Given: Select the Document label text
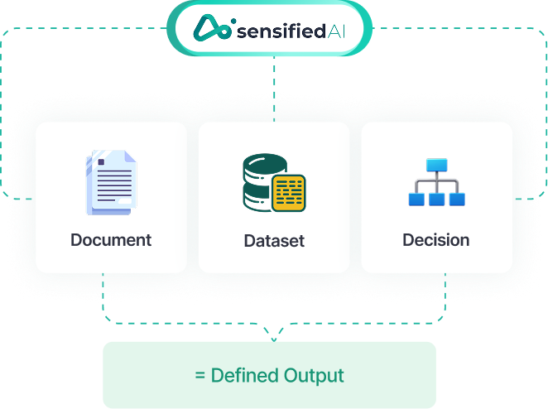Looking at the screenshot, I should pos(111,241).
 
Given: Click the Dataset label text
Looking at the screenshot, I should pos(274,242).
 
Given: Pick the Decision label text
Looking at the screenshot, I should pos(436,241).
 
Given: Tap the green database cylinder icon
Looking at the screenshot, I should pos(258,180).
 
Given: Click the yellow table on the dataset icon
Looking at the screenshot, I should pos(288,192).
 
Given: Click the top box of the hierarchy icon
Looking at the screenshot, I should pos(436,164).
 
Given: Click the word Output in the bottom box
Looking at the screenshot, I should pos(316,376).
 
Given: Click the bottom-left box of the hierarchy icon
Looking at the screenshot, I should pos(416,199).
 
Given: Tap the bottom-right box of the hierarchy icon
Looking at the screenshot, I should pos(457,199).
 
